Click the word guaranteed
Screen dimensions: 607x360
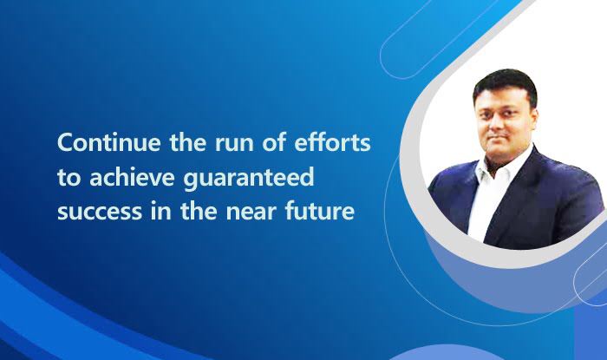coord(248,179)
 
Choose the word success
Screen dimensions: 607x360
coord(100,213)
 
